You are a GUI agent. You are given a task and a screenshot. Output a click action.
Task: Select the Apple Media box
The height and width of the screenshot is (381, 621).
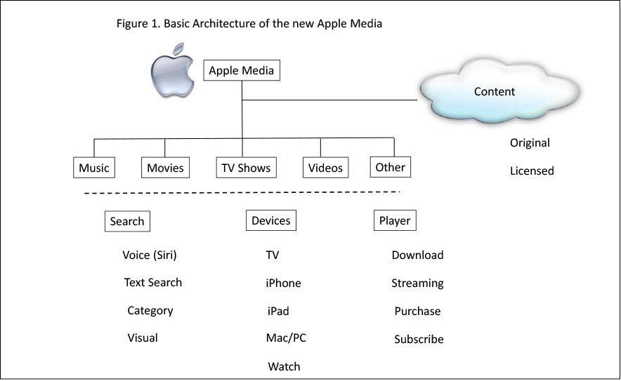click(242, 71)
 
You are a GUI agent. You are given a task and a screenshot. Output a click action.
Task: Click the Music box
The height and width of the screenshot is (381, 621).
click(94, 168)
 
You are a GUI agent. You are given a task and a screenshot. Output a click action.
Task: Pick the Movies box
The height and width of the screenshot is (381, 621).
click(165, 168)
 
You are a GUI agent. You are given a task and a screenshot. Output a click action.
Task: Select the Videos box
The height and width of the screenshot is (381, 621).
click(325, 168)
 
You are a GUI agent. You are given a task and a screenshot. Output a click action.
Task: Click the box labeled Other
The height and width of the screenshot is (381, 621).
click(391, 167)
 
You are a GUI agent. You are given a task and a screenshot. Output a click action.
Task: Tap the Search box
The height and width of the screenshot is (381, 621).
click(127, 221)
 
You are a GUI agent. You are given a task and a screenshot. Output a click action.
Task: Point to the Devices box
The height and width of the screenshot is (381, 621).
click(270, 220)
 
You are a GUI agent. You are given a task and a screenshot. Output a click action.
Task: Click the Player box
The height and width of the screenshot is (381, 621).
click(394, 220)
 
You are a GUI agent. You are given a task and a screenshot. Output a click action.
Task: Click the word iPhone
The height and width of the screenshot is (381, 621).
click(283, 283)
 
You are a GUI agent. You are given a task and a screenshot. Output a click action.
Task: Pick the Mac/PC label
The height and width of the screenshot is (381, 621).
click(286, 338)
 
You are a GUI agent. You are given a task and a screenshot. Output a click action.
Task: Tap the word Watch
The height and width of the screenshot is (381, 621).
click(284, 366)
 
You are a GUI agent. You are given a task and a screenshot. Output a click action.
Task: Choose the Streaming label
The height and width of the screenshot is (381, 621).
click(417, 283)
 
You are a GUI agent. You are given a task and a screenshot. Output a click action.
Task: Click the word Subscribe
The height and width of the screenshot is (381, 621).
click(419, 339)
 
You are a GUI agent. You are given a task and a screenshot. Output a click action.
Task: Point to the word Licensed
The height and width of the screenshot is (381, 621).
click(532, 171)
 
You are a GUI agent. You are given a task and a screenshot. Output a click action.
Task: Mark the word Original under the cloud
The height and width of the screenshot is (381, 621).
click(530, 142)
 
